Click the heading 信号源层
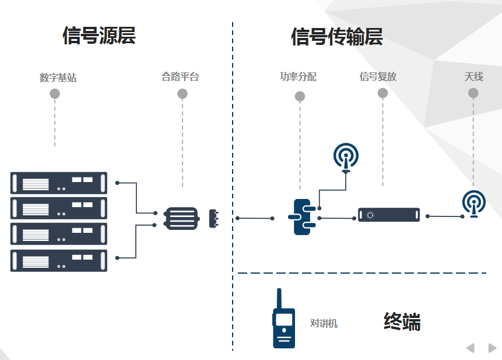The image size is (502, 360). coord(99,36)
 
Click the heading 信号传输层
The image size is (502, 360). coord(337,37)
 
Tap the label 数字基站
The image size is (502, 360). coord(58,78)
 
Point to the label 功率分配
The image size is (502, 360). coord(298,76)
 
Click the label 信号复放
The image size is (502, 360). coord(378,76)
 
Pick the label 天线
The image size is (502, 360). coord(473,76)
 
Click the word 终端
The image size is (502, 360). coord(402,322)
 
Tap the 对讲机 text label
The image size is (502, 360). coord(324,323)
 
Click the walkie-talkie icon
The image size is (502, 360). coord(284,319)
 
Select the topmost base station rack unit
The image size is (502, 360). coord(59,183)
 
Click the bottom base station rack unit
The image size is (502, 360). coord(59,260)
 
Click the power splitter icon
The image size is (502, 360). coord(303,216)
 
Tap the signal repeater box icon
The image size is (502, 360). coord(388,215)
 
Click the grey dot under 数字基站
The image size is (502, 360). coord(55,93)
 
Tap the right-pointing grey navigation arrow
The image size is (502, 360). coord(492,348)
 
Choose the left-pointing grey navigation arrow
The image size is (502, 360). coord(470,348)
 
